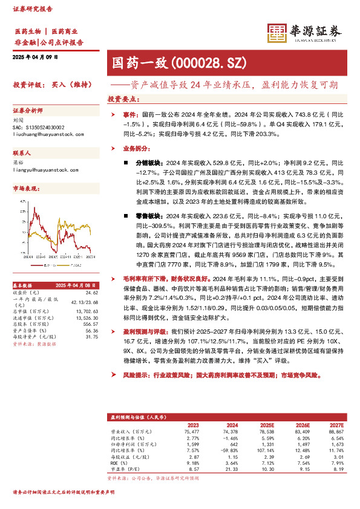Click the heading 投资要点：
point(124,99)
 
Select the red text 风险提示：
point(137,375)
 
